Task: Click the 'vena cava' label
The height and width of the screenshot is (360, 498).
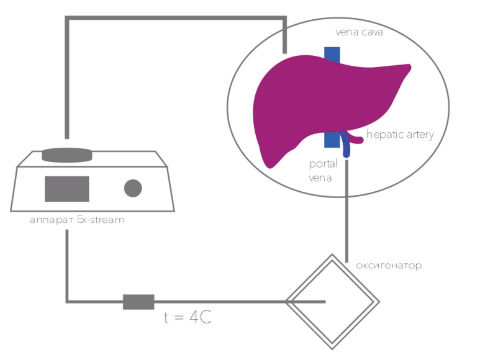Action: pyautogui.click(x=359, y=32)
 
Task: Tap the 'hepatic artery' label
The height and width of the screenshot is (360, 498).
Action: pyautogui.click(x=400, y=135)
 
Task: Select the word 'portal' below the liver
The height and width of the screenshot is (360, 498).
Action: pyautogui.click(x=323, y=164)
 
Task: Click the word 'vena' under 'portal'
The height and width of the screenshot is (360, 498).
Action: pyautogui.click(x=320, y=178)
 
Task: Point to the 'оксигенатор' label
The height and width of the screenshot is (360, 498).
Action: pyautogui.click(x=389, y=266)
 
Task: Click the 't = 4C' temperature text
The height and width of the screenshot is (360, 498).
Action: pyautogui.click(x=188, y=317)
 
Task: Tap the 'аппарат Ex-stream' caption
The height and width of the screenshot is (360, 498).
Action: pyautogui.click(x=77, y=220)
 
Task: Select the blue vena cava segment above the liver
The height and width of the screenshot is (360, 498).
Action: pyautogui.click(x=332, y=54)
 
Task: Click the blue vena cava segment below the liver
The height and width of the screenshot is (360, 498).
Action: pyautogui.click(x=332, y=140)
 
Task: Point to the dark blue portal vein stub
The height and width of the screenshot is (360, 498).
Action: pyautogui.click(x=345, y=145)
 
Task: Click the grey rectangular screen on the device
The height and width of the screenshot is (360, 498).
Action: pyautogui.click(x=66, y=189)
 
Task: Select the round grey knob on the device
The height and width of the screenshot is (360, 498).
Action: pyautogui.click(x=133, y=188)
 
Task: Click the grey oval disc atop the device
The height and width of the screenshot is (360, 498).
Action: pyautogui.click(x=67, y=155)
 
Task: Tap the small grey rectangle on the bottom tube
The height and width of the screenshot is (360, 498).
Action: pyautogui.click(x=139, y=302)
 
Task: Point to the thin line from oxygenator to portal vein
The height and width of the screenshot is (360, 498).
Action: pyautogui.click(x=346, y=211)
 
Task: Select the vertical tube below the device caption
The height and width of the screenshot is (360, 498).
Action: pyautogui.click(x=67, y=265)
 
